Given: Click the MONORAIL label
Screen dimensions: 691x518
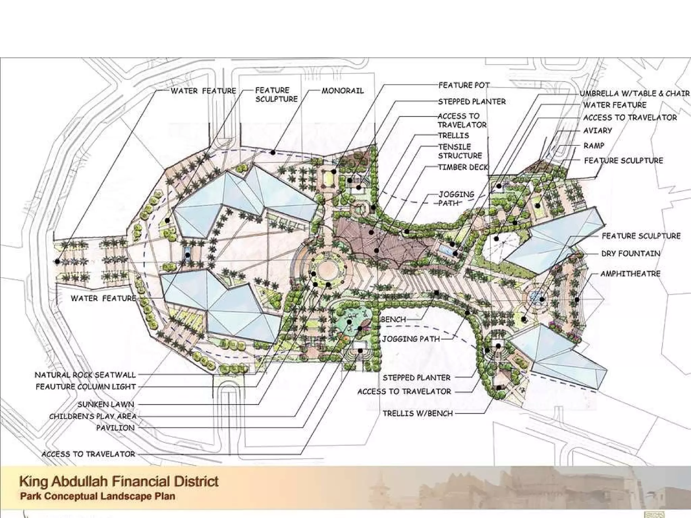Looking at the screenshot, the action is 342,91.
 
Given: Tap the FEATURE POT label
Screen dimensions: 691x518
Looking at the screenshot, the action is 464,85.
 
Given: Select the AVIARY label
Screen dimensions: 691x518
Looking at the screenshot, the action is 598,131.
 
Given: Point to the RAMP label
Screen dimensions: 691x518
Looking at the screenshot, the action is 594,146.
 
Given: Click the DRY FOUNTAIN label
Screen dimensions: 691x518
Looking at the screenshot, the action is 631,254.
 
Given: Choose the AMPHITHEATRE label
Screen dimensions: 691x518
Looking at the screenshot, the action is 630,274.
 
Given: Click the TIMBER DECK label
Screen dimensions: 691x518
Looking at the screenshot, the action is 463,167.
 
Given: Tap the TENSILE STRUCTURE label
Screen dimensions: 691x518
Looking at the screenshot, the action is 460,151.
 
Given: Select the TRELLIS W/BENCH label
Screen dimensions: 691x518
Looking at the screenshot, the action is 418,413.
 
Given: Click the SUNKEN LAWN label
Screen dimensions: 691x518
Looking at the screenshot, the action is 106,404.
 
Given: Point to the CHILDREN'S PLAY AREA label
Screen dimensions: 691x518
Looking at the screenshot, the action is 93,416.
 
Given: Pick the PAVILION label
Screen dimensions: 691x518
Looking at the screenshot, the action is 115,428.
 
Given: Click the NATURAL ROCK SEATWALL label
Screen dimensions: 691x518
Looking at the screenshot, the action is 85,375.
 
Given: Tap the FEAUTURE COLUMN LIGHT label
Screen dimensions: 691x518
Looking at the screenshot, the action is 86,386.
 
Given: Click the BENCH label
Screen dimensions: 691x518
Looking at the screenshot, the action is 393,319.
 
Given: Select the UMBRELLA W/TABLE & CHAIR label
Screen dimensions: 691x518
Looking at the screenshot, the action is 635,93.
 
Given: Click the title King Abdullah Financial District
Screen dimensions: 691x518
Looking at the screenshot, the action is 119,481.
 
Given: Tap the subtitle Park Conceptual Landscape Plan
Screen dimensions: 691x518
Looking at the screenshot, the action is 98,496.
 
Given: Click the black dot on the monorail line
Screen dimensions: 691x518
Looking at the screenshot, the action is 273,153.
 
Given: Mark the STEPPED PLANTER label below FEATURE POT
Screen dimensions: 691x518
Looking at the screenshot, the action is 472,102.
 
